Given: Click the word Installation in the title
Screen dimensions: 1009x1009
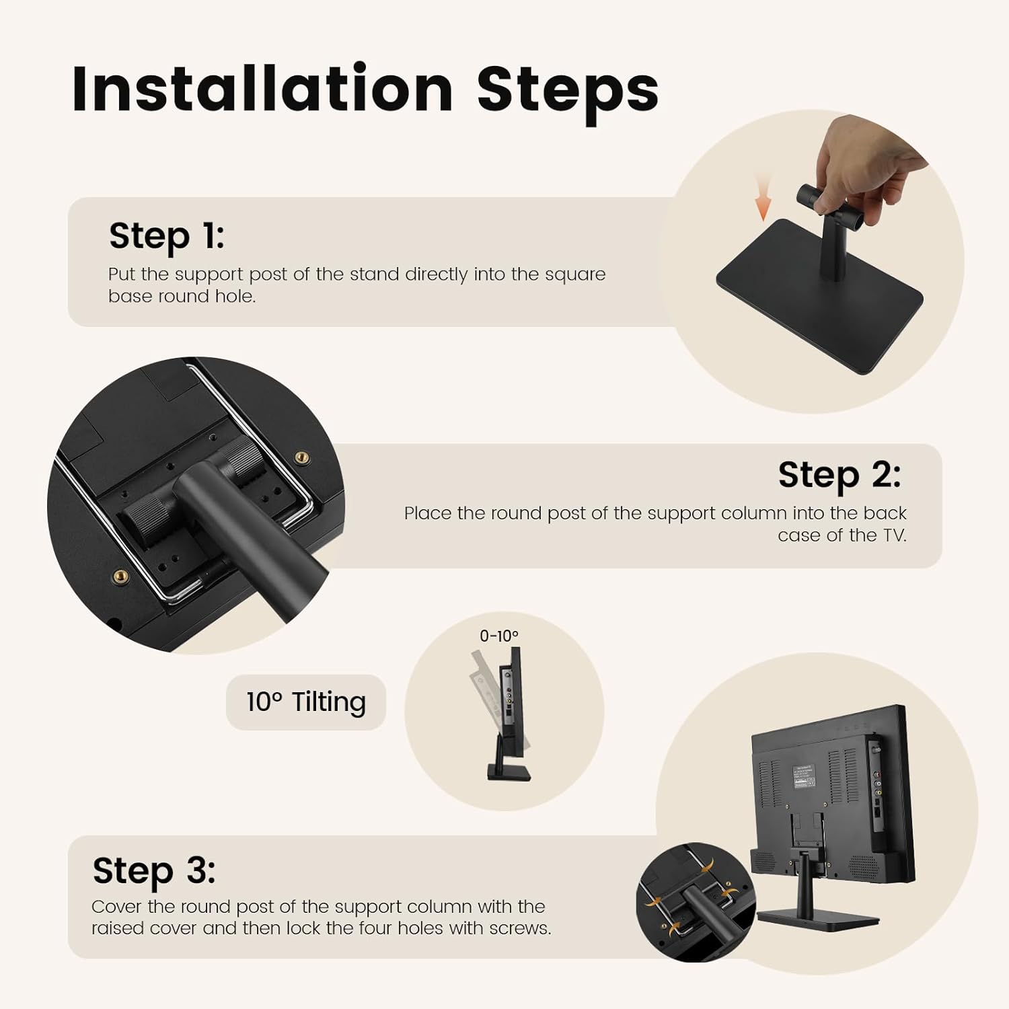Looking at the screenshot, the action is pyautogui.click(x=262, y=88).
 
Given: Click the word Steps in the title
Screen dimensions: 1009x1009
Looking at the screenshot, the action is pyautogui.click(x=568, y=94).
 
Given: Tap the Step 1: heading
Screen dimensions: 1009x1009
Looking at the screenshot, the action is pyautogui.click(x=167, y=237).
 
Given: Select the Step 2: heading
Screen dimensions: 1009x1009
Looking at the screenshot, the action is pyautogui.click(x=839, y=475).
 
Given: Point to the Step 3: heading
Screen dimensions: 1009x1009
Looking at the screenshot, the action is pyautogui.click(x=154, y=871).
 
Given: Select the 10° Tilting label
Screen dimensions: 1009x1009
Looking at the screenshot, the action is pyautogui.click(x=306, y=702).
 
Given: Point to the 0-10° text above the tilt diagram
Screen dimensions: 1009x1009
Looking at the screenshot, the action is pyautogui.click(x=498, y=636).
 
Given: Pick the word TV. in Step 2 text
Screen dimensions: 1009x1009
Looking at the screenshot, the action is pyautogui.click(x=894, y=535).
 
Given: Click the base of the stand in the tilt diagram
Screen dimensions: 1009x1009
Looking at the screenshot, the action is pyautogui.click(x=509, y=773).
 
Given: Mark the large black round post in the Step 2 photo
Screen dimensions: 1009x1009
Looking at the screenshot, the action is pyautogui.click(x=249, y=525).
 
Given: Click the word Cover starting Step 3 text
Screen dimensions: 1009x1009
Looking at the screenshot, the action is pyautogui.click(x=116, y=907).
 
